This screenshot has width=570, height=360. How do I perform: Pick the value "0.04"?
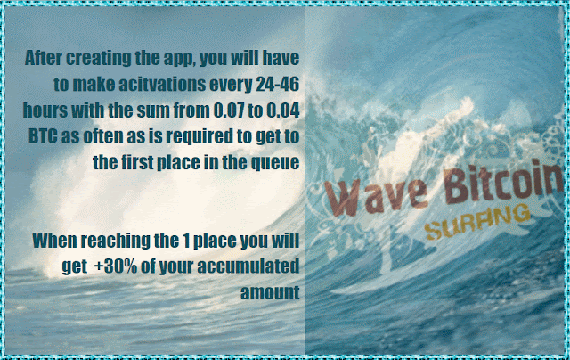coord(283,110)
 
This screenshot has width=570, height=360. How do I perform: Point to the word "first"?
coord(137,162)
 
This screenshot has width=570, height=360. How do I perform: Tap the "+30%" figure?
coord(116,266)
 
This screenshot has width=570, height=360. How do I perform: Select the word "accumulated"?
coord(248,266)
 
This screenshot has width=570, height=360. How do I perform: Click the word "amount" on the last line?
coord(270,293)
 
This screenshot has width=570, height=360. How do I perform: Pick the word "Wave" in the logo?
coord(376,196)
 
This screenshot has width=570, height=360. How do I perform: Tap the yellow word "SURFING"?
coord(477,222)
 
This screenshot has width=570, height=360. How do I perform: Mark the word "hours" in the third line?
coord(45,110)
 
